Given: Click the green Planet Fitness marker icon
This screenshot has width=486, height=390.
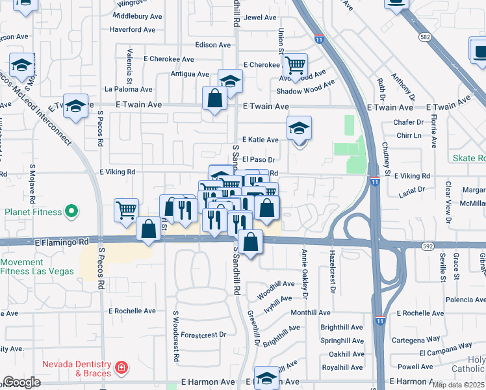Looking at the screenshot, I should click(72, 212).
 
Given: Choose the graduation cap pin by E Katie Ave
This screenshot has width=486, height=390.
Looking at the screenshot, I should click(299, 127).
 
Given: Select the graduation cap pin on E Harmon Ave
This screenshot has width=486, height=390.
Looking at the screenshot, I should click(266, 378).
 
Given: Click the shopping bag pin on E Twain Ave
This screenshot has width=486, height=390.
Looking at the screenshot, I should click(214, 99).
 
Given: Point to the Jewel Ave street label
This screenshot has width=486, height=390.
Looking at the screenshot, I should click(261, 18).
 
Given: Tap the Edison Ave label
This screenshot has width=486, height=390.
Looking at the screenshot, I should click(213, 45).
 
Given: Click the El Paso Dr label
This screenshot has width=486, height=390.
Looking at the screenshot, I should click(259, 159).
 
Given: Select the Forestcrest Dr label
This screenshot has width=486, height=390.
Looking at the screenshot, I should click(203, 335).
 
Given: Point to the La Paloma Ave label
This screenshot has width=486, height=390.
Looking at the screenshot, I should click(128, 90).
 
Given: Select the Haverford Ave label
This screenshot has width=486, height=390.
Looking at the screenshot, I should click(132, 30).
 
